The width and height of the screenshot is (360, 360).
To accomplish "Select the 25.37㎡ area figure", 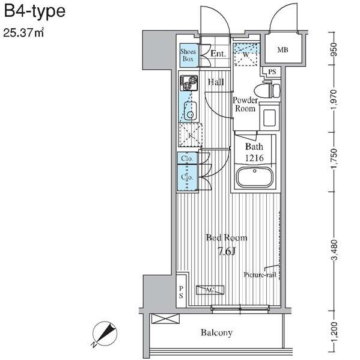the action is pos(23,32).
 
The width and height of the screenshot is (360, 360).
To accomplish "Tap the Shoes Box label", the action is pos(188,55).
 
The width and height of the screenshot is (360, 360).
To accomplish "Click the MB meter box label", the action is pos(282,50).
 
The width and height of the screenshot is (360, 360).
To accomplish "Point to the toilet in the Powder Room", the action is pos(268,91).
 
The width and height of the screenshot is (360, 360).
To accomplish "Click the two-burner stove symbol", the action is pos(189,83).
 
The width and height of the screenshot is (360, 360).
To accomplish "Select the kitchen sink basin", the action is pos(190,111).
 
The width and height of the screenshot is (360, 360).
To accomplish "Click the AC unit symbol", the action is pos(210,290).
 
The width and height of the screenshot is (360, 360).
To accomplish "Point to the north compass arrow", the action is pos(105,334).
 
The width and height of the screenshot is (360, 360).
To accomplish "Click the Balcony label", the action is pos(216,332).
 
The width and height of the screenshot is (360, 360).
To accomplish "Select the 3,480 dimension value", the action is pos(335,250).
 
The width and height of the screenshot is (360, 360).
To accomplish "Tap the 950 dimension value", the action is pos(334,49).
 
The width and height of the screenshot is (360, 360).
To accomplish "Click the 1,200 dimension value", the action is pos(335,332).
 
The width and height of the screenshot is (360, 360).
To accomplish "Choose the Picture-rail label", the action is pos(260,275).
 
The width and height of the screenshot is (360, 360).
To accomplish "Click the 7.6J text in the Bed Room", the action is pos(227,252).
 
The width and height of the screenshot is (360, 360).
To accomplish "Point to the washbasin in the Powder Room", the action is pos(269,117).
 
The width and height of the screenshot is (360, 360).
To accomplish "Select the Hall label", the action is pos(216,82).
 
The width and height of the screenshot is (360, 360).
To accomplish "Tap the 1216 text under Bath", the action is pos(254,158).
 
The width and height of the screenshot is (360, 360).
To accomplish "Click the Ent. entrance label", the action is pos(218,53).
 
